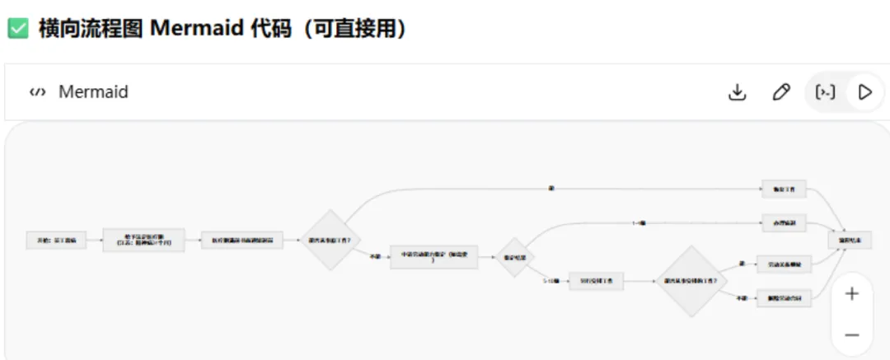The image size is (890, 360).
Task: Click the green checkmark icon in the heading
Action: click(18, 29)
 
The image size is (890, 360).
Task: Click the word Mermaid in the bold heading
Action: click(194, 29)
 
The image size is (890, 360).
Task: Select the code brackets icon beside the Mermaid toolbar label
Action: click(36, 91)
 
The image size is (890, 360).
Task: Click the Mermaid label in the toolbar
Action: click(93, 91)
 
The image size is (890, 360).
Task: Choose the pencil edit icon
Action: click(780, 91)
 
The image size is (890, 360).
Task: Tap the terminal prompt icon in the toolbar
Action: click(825, 91)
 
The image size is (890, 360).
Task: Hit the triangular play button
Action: click(864, 91)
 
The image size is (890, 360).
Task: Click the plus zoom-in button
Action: click(852, 293)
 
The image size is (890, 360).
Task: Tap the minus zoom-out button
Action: click(852, 334)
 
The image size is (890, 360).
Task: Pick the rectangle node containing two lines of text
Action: click(144, 240)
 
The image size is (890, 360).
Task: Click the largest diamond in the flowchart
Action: click(690, 281)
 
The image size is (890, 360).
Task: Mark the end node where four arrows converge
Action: click(850, 240)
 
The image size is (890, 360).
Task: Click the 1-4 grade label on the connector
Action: click(640, 222)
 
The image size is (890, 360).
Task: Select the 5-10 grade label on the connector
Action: click(550, 281)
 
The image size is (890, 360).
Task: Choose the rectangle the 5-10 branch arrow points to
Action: click(596, 281)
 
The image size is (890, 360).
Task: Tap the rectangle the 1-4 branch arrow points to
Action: click(783, 222)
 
